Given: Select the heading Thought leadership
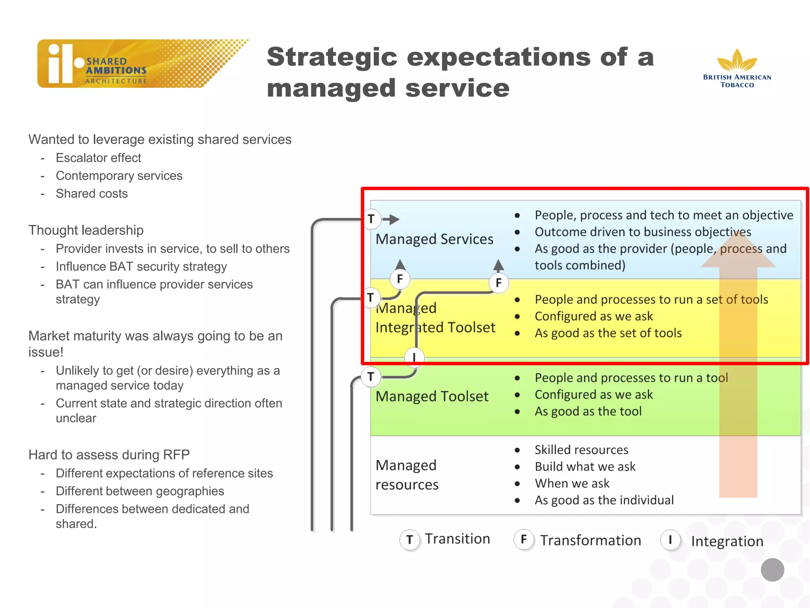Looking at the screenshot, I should click(86, 230).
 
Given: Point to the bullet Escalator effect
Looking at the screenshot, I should click(98, 158).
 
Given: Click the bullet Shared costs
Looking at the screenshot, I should click(91, 193).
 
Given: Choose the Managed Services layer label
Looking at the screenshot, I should click(434, 239).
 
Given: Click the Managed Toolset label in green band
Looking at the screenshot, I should click(432, 396).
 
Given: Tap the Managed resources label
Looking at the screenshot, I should click(407, 475).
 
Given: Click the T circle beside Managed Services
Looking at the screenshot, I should click(371, 219).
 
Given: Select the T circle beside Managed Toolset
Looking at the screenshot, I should click(371, 376).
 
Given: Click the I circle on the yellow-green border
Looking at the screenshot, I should click(414, 357).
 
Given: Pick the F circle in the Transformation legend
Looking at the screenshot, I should click(524, 539).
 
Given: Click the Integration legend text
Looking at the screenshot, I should click(727, 541).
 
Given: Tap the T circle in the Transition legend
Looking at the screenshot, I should click(410, 540).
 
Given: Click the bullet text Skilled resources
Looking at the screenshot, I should click(581, 450).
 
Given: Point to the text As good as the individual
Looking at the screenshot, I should click(604, 500).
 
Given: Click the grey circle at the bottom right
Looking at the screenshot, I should click(772, 570).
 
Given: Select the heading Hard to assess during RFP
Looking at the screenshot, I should click(109, 454).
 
